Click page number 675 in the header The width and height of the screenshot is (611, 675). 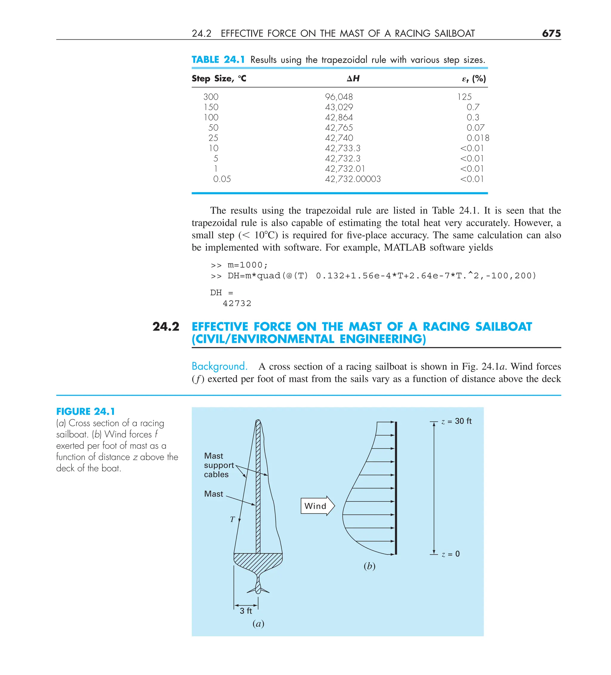(551, 33)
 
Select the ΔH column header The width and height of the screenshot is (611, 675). (353, 79)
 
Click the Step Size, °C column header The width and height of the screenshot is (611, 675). (219, 79)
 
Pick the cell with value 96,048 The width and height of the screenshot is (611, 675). (339, 97)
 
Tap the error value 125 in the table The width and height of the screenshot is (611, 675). (464, 97)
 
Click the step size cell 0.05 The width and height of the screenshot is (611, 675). (222, 179)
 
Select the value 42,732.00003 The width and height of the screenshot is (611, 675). (353, 179)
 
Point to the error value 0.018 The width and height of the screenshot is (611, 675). (477, 138)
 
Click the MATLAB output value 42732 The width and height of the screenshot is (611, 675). (237, 303)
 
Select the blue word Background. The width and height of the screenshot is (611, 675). (219, 366)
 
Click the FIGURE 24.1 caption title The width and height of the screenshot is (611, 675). (85, 412)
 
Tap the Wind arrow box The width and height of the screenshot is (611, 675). (317, 506)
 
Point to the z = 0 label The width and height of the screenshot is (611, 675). (450, 554)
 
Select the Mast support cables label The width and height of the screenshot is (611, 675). (218, 465)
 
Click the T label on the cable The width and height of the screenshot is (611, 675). (232, 519)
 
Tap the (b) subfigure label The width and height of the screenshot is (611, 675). (369, 566)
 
